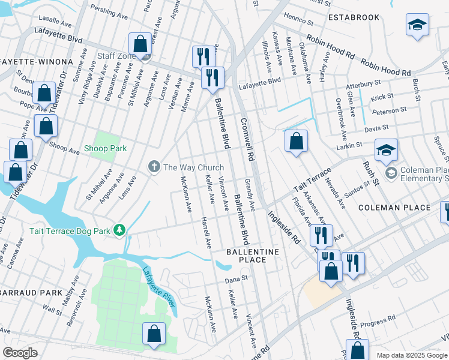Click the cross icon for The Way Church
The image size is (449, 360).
pyautogui.click(x=154, y=167)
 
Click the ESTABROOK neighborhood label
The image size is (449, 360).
pyautogui.click(x=354, y=17)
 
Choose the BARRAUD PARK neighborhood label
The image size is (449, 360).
pyautogui.click(x=31, y=293)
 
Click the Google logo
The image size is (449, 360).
pyautogui.click(x=20, y=353)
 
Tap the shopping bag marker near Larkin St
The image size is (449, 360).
pyautogui.click(x=296, y=142)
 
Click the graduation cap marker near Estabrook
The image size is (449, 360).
pyautogui.click(x=417, y=25)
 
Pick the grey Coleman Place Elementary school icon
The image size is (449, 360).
pyautogui.click(x=391, y=173)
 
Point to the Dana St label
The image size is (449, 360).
pyautogui.click(x=236, y=279)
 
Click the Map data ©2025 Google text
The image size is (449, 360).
pyautogui.click(x=411, y=355)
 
